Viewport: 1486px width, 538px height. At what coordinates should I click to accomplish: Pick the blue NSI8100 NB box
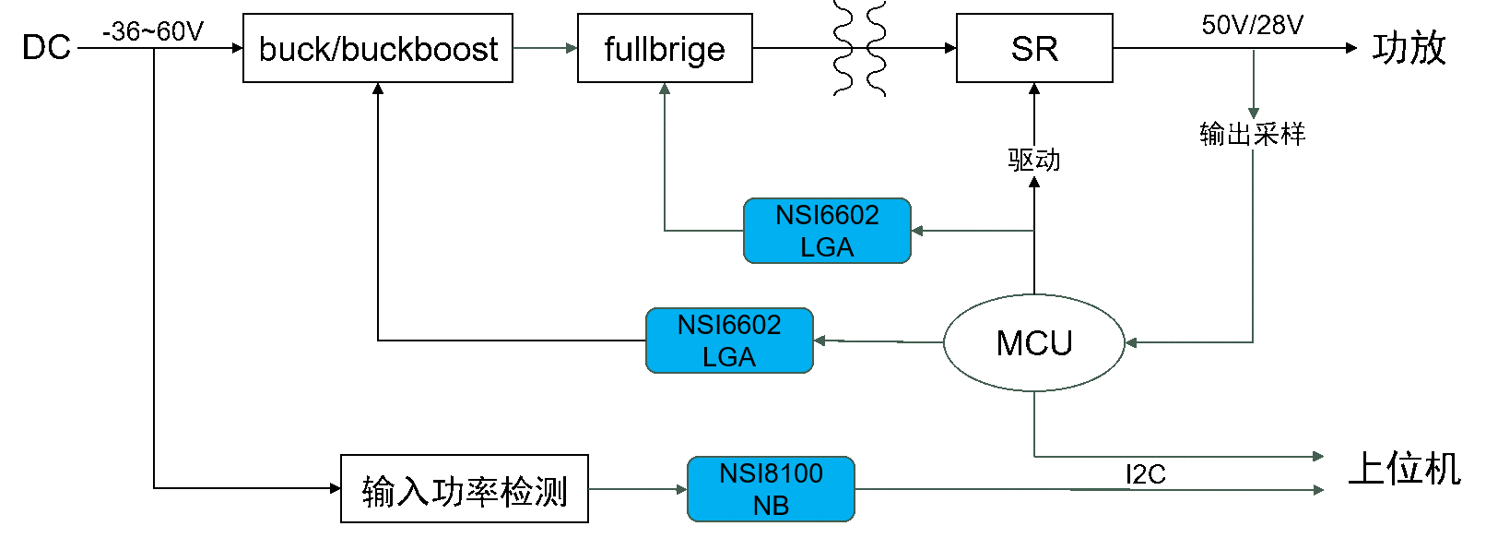click(771, 489)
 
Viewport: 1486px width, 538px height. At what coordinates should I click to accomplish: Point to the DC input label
click(46, 48)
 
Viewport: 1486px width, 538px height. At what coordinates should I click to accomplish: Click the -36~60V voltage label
click(153, 31)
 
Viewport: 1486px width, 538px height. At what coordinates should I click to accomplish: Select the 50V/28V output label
click(1253, 25)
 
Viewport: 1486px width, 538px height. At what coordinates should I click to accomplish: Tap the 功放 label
click(1409, 49)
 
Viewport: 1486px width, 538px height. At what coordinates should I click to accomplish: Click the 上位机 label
click(1404, 469)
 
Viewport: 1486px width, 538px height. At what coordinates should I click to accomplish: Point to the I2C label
click(1146, 474)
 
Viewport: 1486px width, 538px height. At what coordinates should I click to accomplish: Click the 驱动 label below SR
click(1034, 160)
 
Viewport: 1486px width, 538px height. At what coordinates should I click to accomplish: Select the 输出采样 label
click(1253, 134)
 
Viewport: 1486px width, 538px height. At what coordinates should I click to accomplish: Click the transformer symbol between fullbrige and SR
click(860, 48)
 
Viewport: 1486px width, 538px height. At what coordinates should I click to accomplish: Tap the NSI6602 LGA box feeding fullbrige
click(827, 231)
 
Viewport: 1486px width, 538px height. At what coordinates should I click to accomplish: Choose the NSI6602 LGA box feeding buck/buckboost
click(729, 341)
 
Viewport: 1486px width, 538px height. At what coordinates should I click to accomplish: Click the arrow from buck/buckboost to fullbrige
click(545, 48)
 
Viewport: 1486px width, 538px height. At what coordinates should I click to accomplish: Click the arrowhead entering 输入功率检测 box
click(335, 488)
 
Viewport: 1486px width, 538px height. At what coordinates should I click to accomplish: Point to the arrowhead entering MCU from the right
click(1131, 342)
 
